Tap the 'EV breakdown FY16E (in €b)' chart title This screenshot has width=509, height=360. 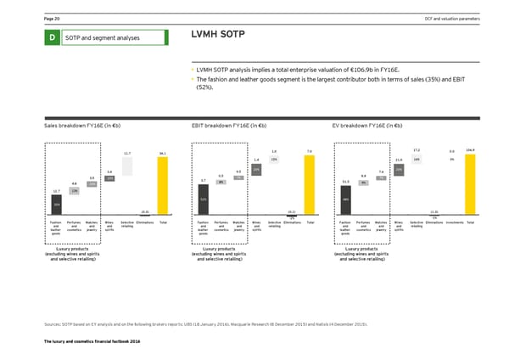pyautogui.click(x=366, y=124)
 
